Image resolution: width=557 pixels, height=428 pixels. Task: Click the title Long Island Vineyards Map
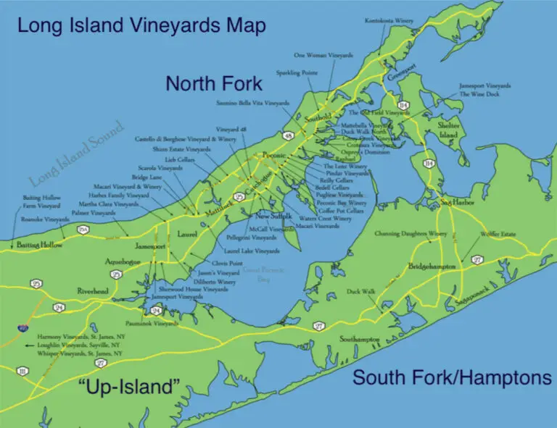pos(141,26)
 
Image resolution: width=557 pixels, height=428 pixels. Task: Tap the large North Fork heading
pos(214,83)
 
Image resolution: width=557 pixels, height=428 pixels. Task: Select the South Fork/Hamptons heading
pos(452,377)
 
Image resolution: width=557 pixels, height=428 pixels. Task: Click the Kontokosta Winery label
pos(389,21)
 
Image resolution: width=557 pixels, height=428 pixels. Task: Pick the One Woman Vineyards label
pos(323,54)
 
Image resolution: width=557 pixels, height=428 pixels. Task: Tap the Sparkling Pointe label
pos(297,73)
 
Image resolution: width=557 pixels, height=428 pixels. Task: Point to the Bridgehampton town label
pos(432,267)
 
